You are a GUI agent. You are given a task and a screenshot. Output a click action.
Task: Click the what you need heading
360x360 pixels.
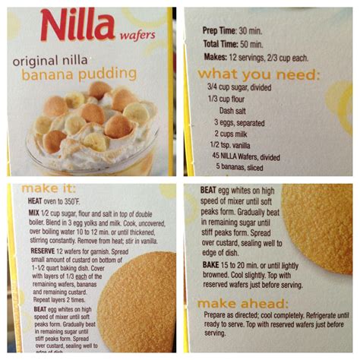click(258, 75)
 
